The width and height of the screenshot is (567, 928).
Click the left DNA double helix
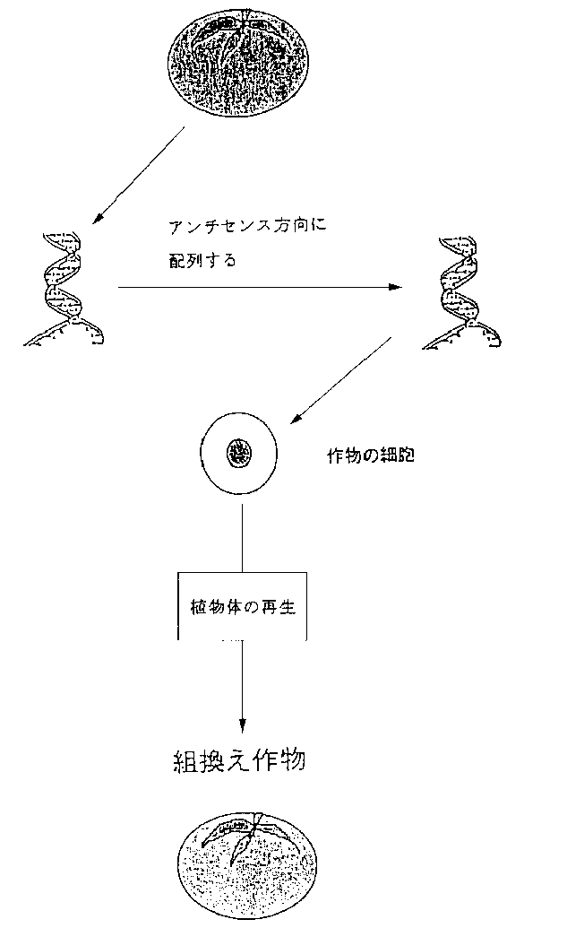click(x=64, y=288)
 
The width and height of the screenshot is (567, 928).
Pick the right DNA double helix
click(x=462, y=292)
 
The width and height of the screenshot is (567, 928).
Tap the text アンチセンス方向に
click(x=247, y=226)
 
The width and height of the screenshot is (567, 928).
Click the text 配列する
click(x=202, y=260)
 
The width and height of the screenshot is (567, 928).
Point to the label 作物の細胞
click(x=371, y=455)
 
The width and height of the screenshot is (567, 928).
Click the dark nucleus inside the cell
click(x=238, y=455)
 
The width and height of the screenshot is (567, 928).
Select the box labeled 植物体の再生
click(x=243, y=606)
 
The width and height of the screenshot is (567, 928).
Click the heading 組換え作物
click(x=239, y=760)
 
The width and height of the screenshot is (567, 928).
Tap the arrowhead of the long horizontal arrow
click(x=395, y=288)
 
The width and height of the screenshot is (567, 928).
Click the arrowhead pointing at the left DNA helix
click(x=99, y=219)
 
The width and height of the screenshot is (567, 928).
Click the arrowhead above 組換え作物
click(x=242, y=725)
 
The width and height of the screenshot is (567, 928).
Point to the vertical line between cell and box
click(x=242, y=539)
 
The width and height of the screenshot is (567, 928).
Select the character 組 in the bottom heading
click(x=185, y=761)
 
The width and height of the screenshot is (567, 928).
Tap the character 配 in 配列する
click(x=177, y=260)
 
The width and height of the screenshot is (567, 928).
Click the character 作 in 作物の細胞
click(x=336, y=455)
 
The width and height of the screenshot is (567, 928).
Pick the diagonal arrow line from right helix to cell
click(x=340, y=381)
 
